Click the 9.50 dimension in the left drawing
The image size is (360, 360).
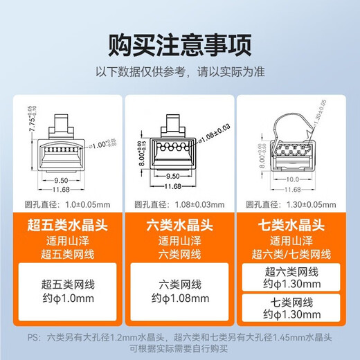click(66, 177)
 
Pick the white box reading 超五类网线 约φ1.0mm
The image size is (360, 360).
click(64, 289)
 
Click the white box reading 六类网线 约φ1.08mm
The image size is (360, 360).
click(179, 289)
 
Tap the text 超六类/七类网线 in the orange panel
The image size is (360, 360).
click(294, 254)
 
